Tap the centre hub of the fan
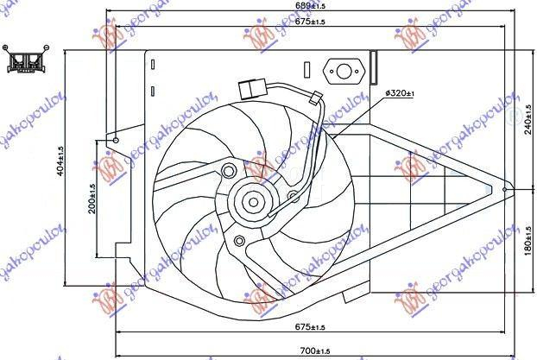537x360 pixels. pos(254,203)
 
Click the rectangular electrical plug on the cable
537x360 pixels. pos(251,88)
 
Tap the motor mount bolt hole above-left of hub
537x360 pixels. pos(229,169)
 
